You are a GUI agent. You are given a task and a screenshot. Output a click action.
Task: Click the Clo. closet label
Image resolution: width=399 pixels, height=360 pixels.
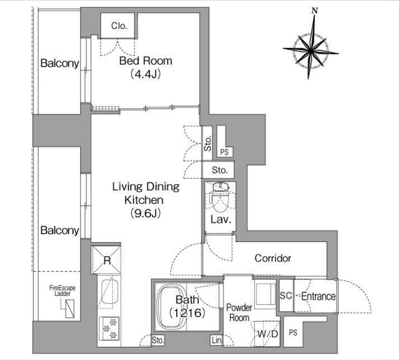coord(119,26)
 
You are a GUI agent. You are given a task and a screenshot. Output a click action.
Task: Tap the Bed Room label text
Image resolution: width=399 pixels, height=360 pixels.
coord(146,61)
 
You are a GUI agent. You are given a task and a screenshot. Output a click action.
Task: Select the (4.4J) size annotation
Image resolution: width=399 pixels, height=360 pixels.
coord(145,74)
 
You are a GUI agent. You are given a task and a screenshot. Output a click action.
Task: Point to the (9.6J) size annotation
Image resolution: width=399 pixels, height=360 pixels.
coord(145,213)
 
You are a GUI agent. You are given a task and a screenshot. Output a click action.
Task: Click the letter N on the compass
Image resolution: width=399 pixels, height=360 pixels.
coord(315,10)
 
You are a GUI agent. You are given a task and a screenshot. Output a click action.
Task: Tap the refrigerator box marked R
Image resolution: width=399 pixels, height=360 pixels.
coord(106,259)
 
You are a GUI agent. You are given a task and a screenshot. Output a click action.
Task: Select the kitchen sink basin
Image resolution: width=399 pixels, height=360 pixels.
coord(110,292)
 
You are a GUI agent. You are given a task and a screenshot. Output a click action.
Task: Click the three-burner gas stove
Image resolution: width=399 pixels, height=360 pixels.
coord(109,329)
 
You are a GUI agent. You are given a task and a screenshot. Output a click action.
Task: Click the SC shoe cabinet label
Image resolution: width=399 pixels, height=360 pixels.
coord(286,295)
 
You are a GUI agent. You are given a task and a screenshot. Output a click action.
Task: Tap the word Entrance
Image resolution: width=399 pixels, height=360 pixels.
coord(318,296)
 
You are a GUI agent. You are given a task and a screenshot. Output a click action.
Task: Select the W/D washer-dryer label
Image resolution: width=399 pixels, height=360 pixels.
coord(267,333)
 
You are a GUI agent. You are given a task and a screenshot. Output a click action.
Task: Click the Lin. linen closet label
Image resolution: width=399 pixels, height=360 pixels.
coord(216,340)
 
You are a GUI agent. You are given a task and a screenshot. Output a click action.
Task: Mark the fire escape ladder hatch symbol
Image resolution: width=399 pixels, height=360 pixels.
coord(70,309)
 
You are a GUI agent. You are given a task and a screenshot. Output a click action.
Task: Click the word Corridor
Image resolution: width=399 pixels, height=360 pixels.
coord(273,258)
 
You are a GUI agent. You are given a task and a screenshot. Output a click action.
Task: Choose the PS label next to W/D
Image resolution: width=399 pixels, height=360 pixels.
coord(293,332)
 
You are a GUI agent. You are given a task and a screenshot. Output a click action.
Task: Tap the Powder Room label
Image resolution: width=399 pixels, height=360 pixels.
coord(239,312)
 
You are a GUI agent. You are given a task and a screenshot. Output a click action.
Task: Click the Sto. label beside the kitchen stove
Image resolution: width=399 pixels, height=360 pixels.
coord(158,340)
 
